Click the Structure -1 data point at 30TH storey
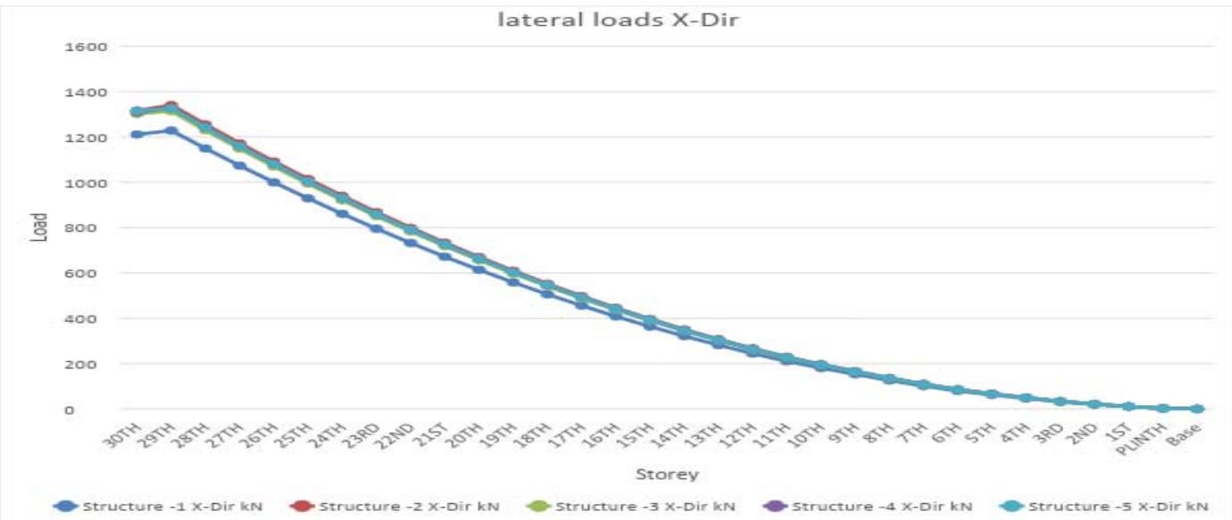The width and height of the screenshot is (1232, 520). (137, 135)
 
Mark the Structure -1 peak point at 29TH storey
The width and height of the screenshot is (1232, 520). (171, 130)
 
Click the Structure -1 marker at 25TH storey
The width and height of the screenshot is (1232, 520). (308, 197)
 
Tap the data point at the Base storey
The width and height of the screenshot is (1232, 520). (1197, 409)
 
